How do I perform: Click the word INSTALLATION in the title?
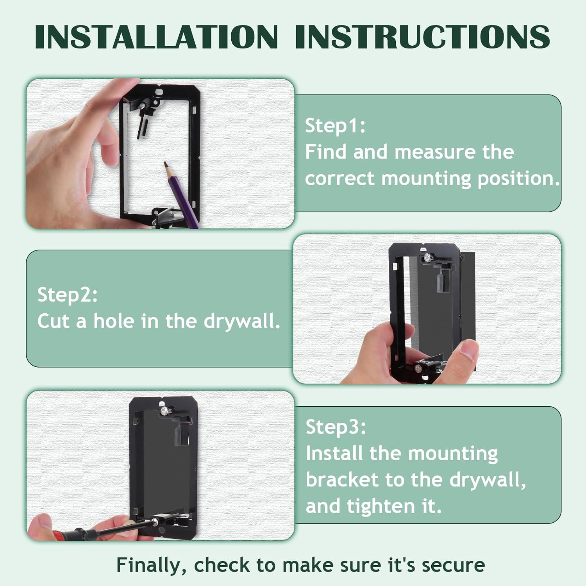pyautogui.click(x=156, y=37)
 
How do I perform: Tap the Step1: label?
pyautogui.click(x=335, y=126)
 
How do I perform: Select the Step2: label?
pyautogui.click(x=68, y=295)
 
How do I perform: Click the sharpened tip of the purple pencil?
pyautogui.click(x=166, y=164)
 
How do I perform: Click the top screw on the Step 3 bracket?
pyautogui.click(x=164, y=411)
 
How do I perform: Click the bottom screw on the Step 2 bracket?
pyautogui.click(x=418, y=368)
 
